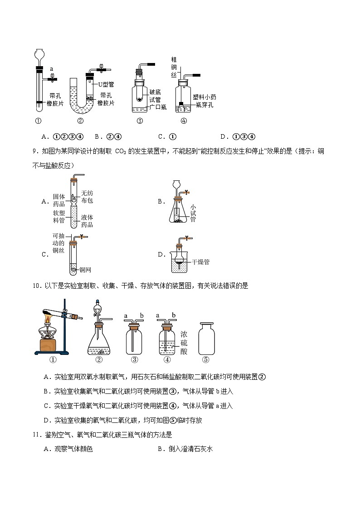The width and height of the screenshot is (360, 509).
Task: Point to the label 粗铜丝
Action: pyautogui.click(x=173, y=67)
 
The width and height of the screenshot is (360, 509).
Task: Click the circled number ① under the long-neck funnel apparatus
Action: pyautogui.click(x=38, y=121)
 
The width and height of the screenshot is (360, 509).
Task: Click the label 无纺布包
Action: pyautogui.click(x=87, y=197)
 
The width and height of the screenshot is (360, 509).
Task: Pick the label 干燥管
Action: pyautogui.click(x=200, y=262)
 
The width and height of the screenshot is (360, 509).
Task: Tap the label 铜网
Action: pyautogui.click(x=85, y=270)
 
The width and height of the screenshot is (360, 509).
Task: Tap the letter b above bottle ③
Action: pyautogui.click(x=142, y=315)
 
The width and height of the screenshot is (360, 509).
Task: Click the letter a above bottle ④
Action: pyautogui.click(x=158, y=315)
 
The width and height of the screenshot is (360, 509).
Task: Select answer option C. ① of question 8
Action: pyautogui.click(x=166, y=136)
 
